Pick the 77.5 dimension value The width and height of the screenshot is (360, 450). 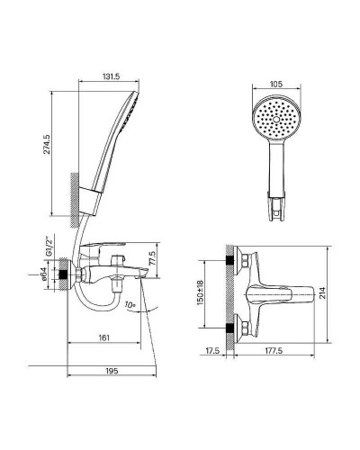coord(152,258)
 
